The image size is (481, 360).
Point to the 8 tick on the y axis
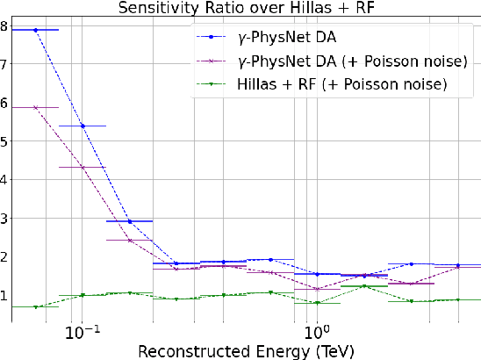pyautogui.click(x=4, y=26)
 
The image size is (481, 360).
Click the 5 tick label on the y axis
pyautogui.click(x=4, y=141)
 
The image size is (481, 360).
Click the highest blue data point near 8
pyautogui.click(x=36, y=30)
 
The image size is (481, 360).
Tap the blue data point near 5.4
pyautogui.click(x=83, y=126)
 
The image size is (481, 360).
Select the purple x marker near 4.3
pyautogui.click(x=83, y=167)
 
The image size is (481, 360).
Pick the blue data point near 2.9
pyautogui.click(x=130, y=221)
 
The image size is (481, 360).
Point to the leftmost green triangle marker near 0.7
pyautogui.click(x=36, y=306)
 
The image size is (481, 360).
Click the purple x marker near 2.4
pyautogui.click(x=130, y=240)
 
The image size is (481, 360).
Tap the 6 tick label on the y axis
pyautogui.click(x=4, y=103)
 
